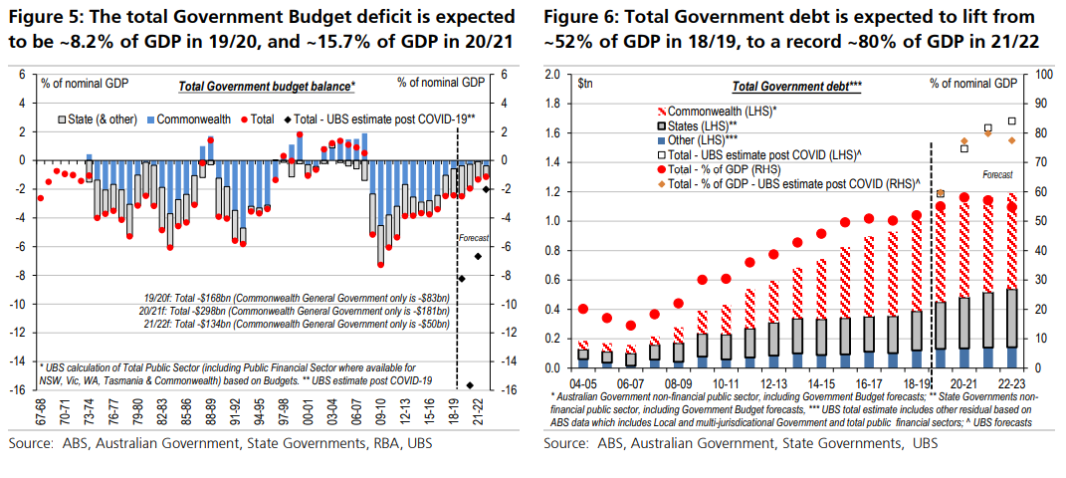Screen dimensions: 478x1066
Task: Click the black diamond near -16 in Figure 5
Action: click(x=469, y=385)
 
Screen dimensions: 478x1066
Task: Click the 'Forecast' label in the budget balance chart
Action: click(x=471, y=238)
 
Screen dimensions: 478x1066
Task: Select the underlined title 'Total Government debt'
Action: click(x=793, y=88)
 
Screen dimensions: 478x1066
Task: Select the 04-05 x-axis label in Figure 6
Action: click(x=583, y=381)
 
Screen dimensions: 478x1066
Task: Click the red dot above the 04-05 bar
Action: click(x=582, y=309)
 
